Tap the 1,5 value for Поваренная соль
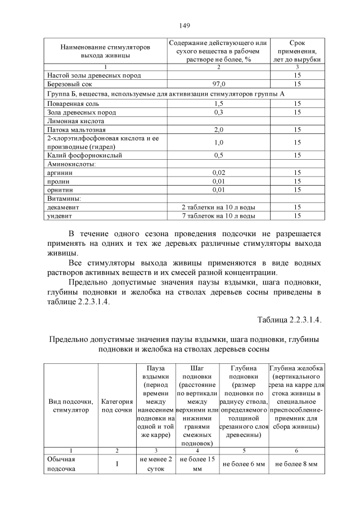click(218, 103)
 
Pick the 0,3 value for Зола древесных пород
click(218, 112)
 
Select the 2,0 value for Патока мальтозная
click(218, 130)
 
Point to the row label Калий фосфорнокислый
click(84, 155)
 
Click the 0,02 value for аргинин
click(218, 173)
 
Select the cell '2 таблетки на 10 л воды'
click(218, 207)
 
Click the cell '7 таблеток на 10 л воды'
click(218, 215)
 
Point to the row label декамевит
click(63, 207)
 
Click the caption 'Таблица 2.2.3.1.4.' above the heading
click(289, 320)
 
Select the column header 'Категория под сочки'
click(117, 406)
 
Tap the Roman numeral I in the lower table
click(117, 464)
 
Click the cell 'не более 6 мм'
click(244, 465)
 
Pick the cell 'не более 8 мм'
click(296, 465)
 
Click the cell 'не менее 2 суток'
click(156, 464)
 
